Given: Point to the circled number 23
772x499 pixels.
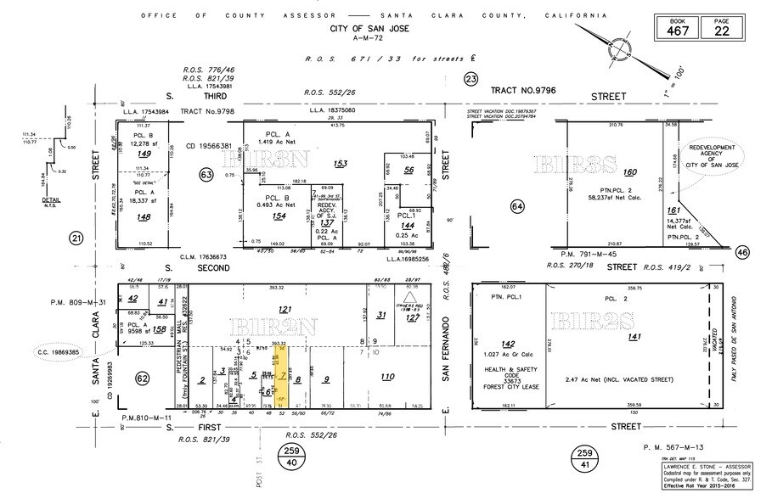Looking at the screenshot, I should tap(471, 79).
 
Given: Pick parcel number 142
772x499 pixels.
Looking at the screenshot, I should tap(508, 344).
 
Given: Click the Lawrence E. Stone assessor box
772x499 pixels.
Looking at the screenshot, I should tap(707, 478).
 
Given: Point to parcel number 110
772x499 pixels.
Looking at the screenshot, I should tap(388, 377).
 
